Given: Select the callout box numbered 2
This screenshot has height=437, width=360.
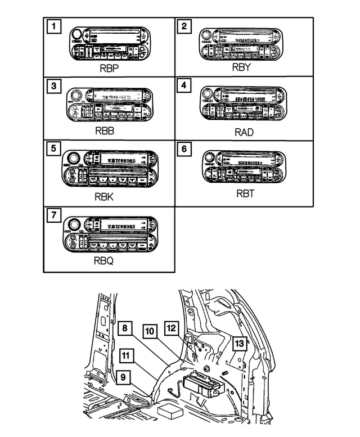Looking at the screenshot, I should [183, 26].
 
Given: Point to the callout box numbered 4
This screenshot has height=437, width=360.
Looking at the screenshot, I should [183, 87].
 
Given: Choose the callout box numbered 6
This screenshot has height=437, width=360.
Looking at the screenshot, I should [183, 150].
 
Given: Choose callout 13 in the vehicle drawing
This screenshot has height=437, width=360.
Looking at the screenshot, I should [240, 344].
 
